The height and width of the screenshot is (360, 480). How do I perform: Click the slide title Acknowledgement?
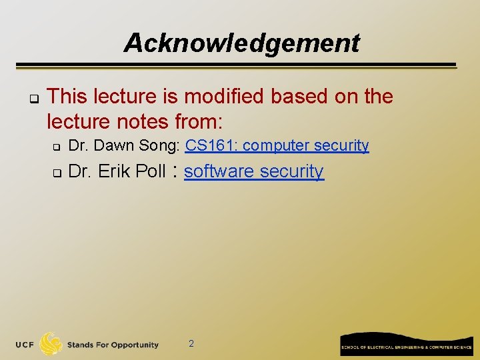241,43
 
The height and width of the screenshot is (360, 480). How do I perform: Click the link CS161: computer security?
277,145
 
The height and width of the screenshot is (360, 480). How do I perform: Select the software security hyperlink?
254,171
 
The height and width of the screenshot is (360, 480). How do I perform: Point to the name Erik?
115,171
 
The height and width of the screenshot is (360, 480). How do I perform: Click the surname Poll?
150,171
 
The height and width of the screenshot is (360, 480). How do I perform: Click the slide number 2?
191,343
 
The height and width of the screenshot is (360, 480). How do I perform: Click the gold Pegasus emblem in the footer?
51,344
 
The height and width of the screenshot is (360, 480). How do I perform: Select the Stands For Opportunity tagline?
113,345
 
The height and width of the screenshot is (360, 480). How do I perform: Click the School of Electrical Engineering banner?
406,345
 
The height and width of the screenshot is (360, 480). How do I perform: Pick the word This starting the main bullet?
67,97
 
